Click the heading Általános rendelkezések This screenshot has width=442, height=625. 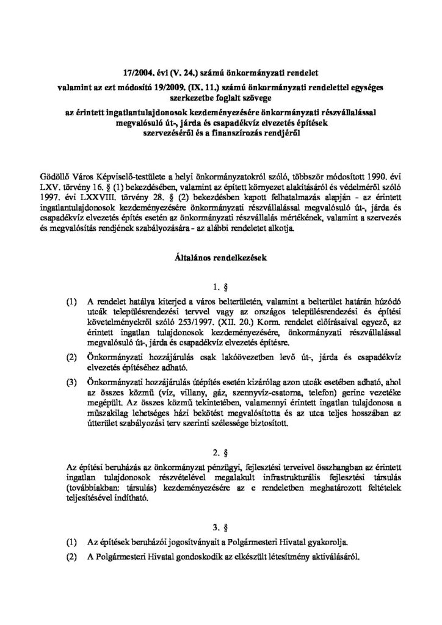(220, 259)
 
